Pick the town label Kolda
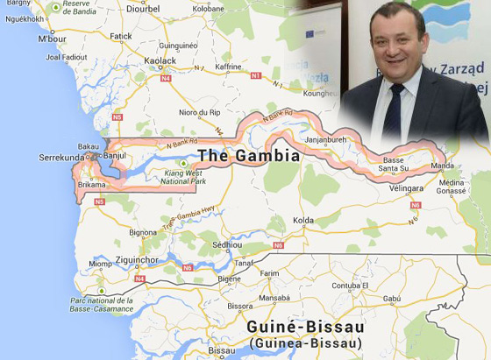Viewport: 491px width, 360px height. pos(303,221)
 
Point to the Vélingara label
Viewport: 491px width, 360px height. pos(407,188)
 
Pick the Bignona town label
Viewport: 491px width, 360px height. pos(142,233)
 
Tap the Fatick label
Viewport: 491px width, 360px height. pos(120,36)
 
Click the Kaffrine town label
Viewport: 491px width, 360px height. pos(228,66)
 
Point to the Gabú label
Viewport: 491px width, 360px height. pos(392,299)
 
